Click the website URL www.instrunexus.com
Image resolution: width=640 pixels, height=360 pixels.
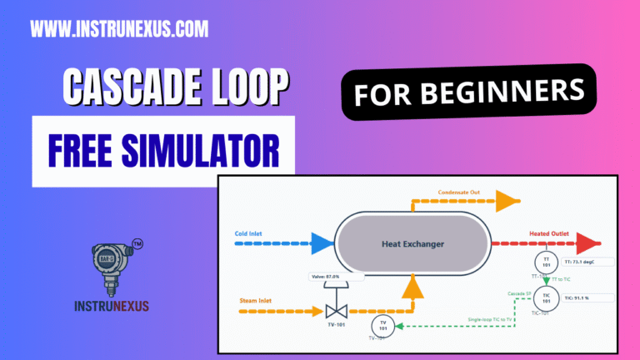[x=119, y=31]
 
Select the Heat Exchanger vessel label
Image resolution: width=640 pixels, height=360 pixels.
[x=412, y=244]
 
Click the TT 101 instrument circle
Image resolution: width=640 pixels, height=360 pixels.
[x=547, y=262]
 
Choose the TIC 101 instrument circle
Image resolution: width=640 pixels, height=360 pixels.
[x=547, y=298]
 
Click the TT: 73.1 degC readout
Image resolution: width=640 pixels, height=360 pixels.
[x=587, y=262]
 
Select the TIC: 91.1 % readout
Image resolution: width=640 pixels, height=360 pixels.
[x=587, y=297]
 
